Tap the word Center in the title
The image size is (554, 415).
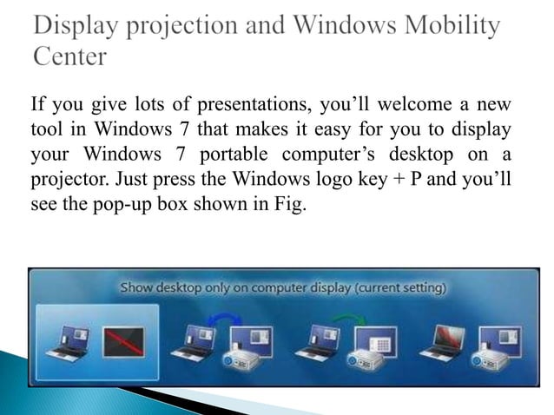[x=70, y=56]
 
